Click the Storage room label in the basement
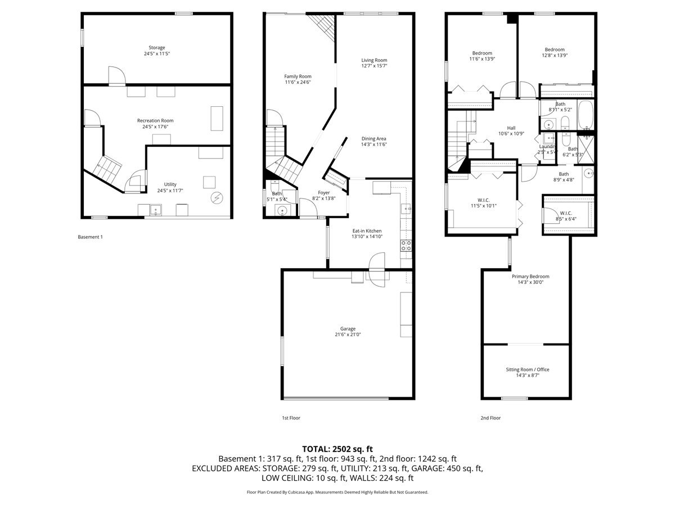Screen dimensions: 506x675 [157, 48]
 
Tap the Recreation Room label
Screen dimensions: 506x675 [155, 120]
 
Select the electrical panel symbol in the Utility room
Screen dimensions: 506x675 [217, 198]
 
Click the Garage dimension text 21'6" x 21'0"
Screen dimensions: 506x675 [348, 335]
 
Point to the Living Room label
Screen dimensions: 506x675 [374, 60]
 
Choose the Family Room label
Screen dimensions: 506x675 [298, 76]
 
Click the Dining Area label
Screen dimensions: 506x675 [374, 138]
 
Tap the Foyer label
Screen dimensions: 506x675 [323, 192]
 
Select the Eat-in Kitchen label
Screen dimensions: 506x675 [367, 231]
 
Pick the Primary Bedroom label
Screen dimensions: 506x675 [530, 277]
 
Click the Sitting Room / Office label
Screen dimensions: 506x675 [527, 369]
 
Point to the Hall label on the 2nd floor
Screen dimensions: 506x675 [511, 128]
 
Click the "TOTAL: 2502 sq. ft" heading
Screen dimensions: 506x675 [337, 449]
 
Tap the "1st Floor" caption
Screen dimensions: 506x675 [291, 418]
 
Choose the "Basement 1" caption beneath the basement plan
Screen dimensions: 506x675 [90, 237]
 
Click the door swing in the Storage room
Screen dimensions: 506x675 [115, 74]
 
